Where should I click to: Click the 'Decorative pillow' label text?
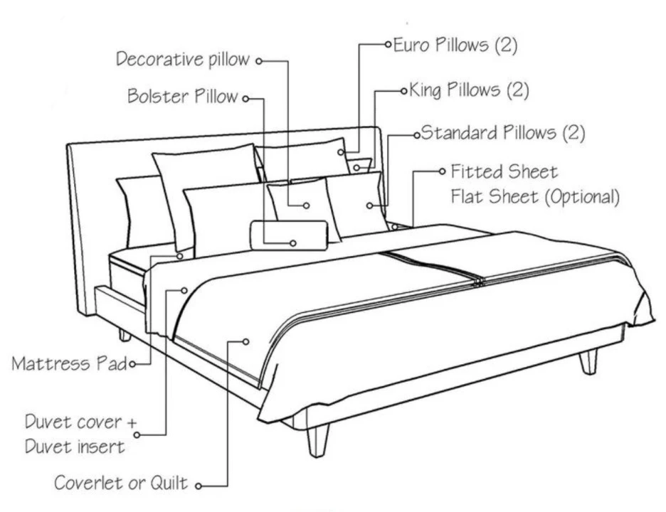[x=183, y=59]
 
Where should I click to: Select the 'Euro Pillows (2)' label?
[x=455, y=46]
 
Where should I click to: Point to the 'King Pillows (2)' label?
[x=469, y=90]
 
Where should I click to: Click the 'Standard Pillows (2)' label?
[x=502, y=133]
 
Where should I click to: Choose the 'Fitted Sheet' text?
[x=504, y=172]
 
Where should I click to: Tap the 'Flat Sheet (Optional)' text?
[x=534, y=196]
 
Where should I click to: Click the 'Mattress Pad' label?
[x=69, y=364]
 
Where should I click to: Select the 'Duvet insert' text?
[x=75, y=447]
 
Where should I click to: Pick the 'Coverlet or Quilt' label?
[x=121, y=484]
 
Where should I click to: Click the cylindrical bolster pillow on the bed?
[x=288, y=235]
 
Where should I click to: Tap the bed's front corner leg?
[x=317, y=439]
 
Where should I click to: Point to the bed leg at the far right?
[x=588, y=361]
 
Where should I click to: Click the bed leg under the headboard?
[x=125, y=334]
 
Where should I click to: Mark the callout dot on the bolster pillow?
[x=292, y=243]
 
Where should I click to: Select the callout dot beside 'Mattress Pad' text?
[x=131, y=364]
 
